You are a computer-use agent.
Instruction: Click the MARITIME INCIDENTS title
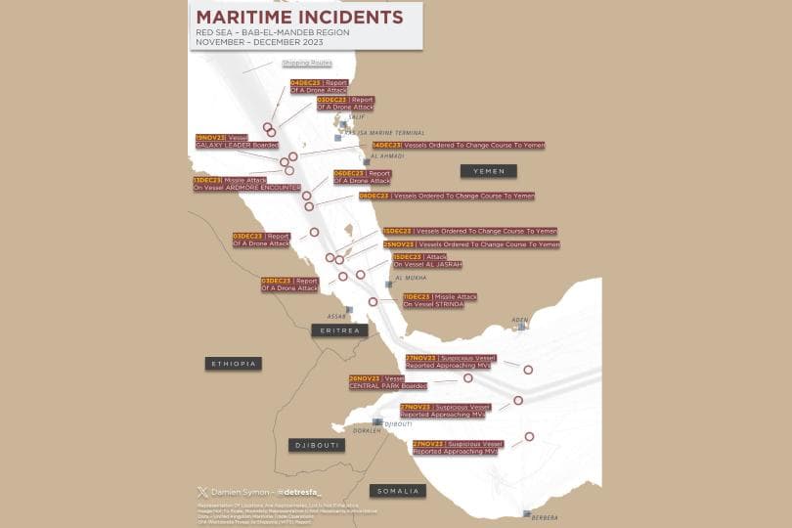299,17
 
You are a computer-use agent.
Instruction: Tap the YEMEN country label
489,171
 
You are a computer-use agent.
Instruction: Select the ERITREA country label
339,330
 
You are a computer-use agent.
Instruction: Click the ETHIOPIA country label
233,364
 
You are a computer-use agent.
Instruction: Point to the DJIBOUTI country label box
317,445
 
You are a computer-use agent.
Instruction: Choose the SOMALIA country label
397,491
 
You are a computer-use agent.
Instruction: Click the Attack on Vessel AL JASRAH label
426,260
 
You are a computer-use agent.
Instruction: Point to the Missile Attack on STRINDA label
439,300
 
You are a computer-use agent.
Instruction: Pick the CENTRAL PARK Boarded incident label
387,382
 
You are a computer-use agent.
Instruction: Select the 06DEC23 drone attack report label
362,177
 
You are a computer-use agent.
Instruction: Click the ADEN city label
519,319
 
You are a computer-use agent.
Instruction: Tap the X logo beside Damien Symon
202,491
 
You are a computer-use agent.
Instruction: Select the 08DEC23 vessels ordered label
448,196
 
